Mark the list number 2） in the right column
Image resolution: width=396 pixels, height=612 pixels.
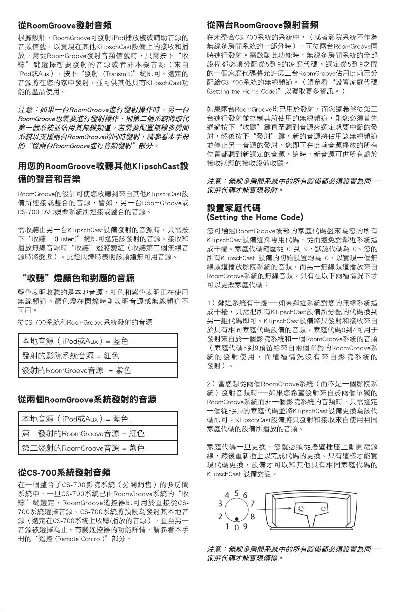click(211, 383)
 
